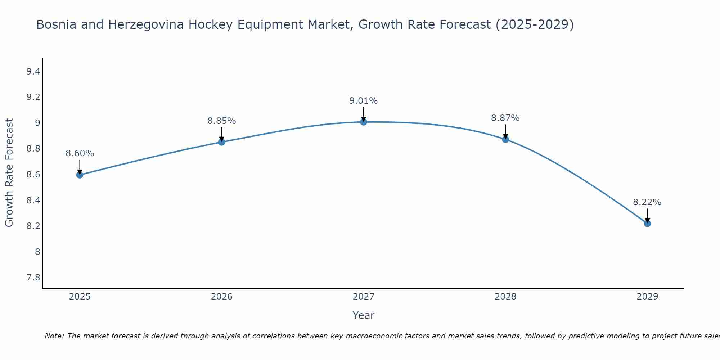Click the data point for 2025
click(80, 175)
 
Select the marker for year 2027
click(364, 122)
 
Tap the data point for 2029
click(647, 224)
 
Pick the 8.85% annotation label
click(221, 121)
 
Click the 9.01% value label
click(364, 101)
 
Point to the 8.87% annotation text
click(505, 118)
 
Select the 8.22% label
click(647, 202)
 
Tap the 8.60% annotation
click(80, 153)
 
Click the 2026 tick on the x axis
click(221, 297)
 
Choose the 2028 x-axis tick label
click(505, 297)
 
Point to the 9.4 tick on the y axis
click(33, 72)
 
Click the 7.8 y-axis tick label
click(33, 278)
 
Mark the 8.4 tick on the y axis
click(33, 201)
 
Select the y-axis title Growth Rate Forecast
click(9, 173)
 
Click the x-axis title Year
click(364, 315)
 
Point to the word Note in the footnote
click(54, 336)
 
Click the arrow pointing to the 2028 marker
click(505, 132)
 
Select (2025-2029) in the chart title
click(535, 24)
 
